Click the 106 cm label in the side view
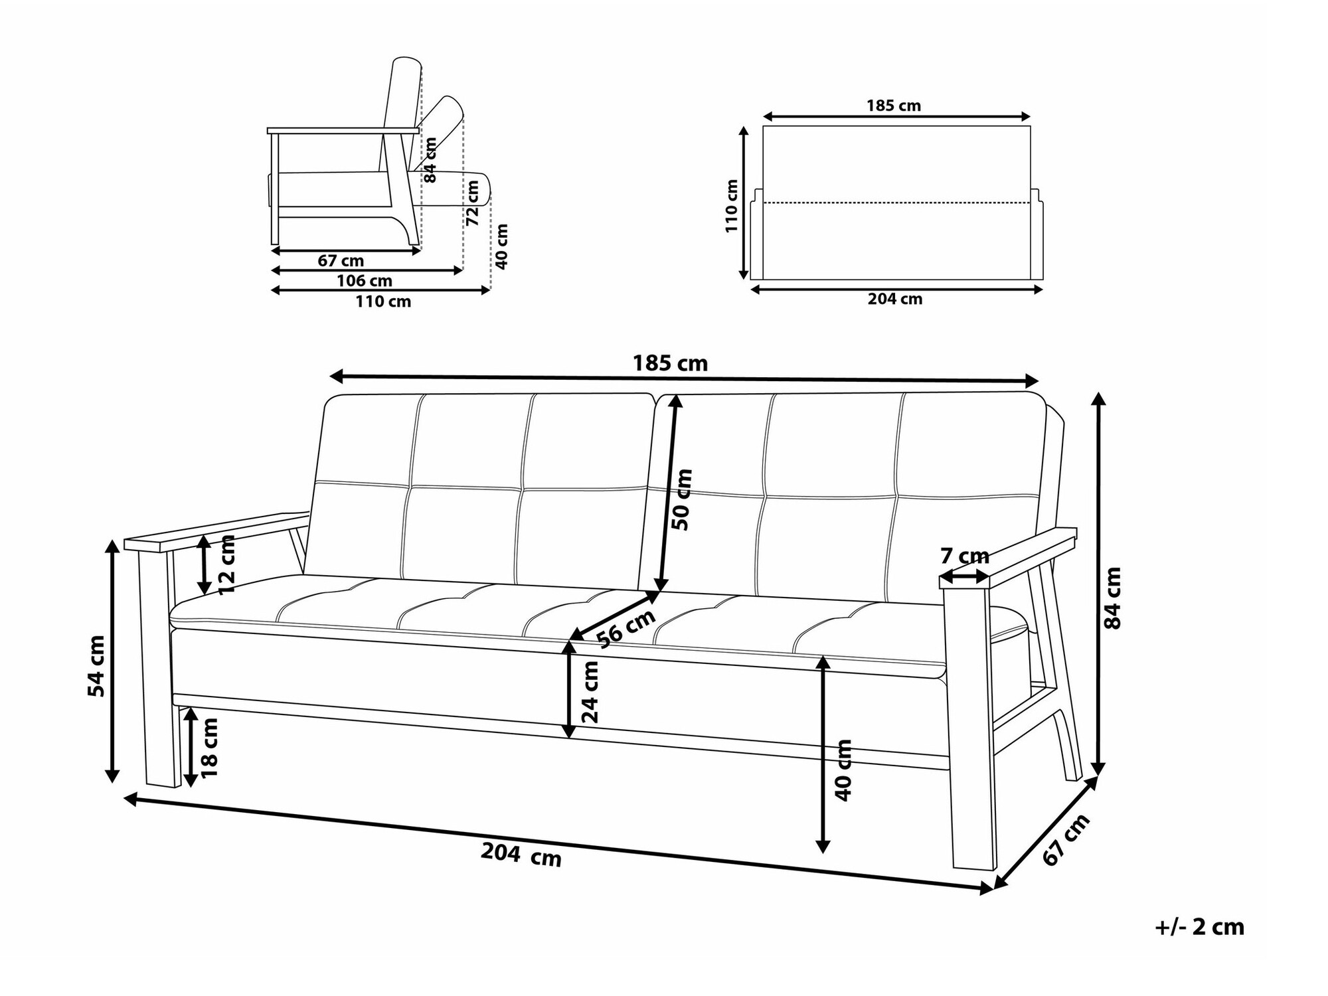(365, 281)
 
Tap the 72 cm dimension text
(472, 203)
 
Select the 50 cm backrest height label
(682, 499)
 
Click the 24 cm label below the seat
(590, 692)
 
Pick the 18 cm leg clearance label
(209, 748)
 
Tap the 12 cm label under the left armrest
(227, 564)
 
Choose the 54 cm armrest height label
(97, 666)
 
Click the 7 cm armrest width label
(965, 556)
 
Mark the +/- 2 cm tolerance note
(1200, 927)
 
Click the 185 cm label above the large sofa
(670, 364)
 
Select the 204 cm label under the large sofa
(521, 855)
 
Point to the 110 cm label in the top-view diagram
(732, 206)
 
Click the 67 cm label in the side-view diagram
(341, 261)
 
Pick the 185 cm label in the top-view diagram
(894, 106)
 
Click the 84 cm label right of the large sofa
(1112, 597)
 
